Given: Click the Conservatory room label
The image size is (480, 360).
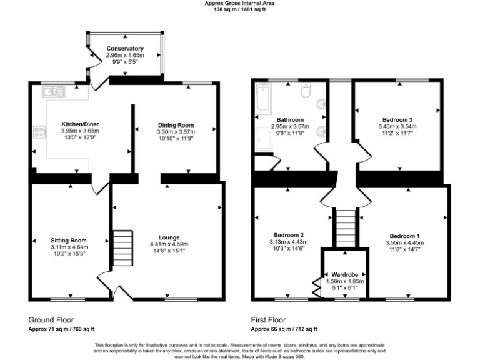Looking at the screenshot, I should click(x=125, y=49).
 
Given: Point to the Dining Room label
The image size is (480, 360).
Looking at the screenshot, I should click(x=176, y=124).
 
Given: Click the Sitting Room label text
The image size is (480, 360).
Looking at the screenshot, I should click(x=69, y=240).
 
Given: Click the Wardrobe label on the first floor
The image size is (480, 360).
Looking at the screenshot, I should click(x=344, y=274).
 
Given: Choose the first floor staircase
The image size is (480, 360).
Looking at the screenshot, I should click(x=343, y=228).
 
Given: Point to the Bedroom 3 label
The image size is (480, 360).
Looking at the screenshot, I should click(x=397, y=119).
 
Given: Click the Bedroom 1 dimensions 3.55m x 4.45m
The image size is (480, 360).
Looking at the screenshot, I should click(x=405, y=243).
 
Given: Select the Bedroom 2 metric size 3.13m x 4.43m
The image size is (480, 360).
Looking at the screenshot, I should click(x=288, y=242).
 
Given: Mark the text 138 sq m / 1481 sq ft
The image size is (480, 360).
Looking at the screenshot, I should click(x=239, y=9).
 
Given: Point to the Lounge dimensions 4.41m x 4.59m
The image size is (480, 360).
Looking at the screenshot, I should click(x=169, y=244).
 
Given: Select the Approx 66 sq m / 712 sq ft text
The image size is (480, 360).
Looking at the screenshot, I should click(x=284, y=329).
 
